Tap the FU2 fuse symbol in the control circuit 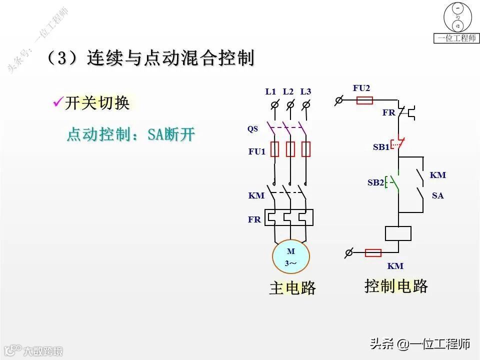[x=364, y=100]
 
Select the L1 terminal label [x=270, y=91]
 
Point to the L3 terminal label [x=305, y=91]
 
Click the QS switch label [x=252, y=129]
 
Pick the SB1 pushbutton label [x=381, y=147]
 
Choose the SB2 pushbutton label [x=375, y=182]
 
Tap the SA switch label [x=437, y=196]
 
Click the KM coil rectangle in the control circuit [x=398, y=233]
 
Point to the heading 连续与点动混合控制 [x=170, y=58]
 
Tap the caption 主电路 [x=292, y=287]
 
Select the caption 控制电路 [x=396, y=286]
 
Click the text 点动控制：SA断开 [x=130, y=134]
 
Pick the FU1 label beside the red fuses [x=257, y=151]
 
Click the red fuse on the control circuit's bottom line [x=373, y=252]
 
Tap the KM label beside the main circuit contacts [x=256, y=195]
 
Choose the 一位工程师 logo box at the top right [x=455, y=23]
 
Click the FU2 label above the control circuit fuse [x=361, y=88]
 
